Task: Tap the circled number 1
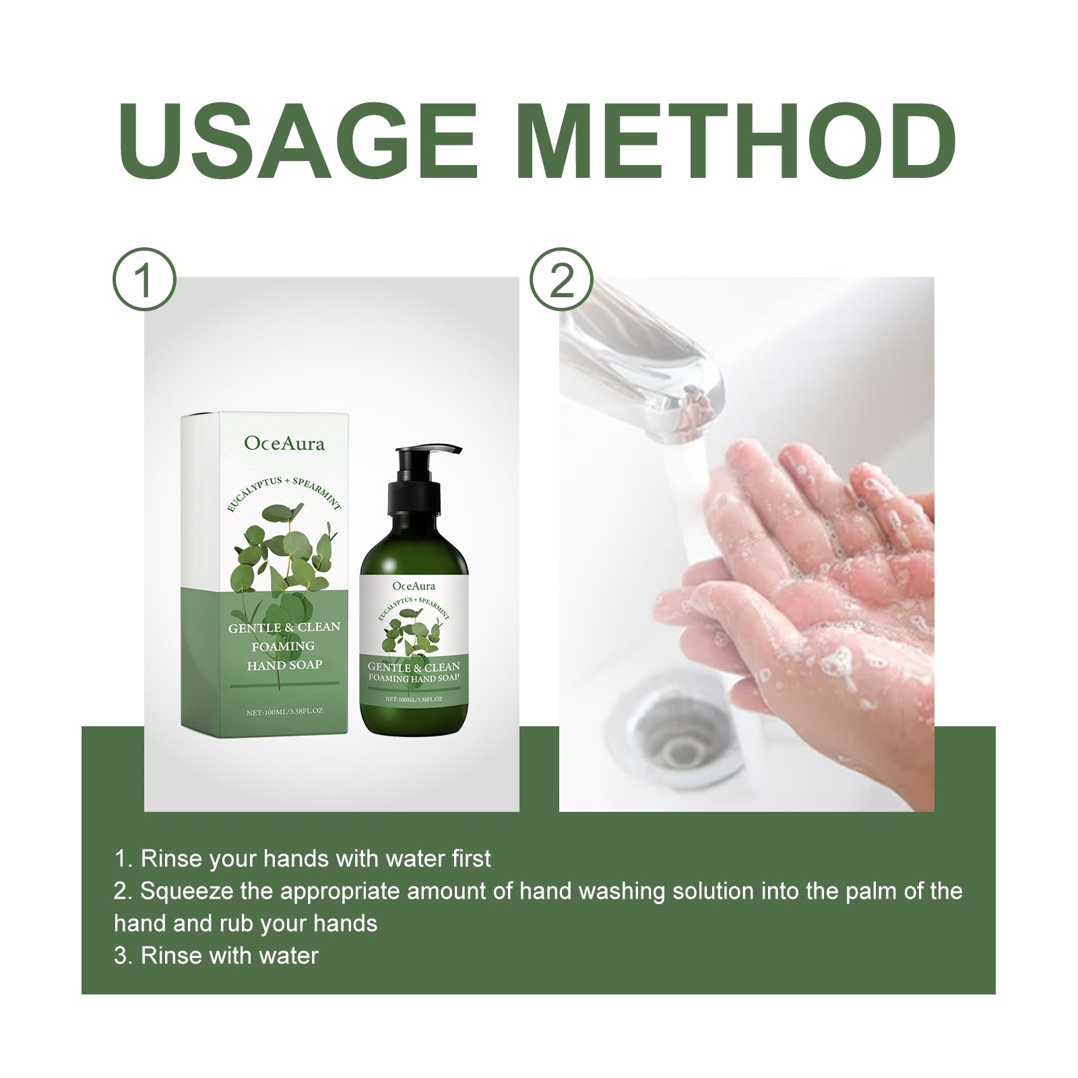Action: [x=144, y=280]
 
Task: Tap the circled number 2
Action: [x=561, y=280]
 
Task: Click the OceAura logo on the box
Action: [x=284, y=443]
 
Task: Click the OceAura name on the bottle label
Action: [x=414, y=585]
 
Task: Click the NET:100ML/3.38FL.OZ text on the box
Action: [x=284, y=711]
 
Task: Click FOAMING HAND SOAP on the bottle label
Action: [x=414, y=678]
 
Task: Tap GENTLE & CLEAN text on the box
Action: [x=284, y=627]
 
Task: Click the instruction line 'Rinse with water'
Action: [x=216, y=955]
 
